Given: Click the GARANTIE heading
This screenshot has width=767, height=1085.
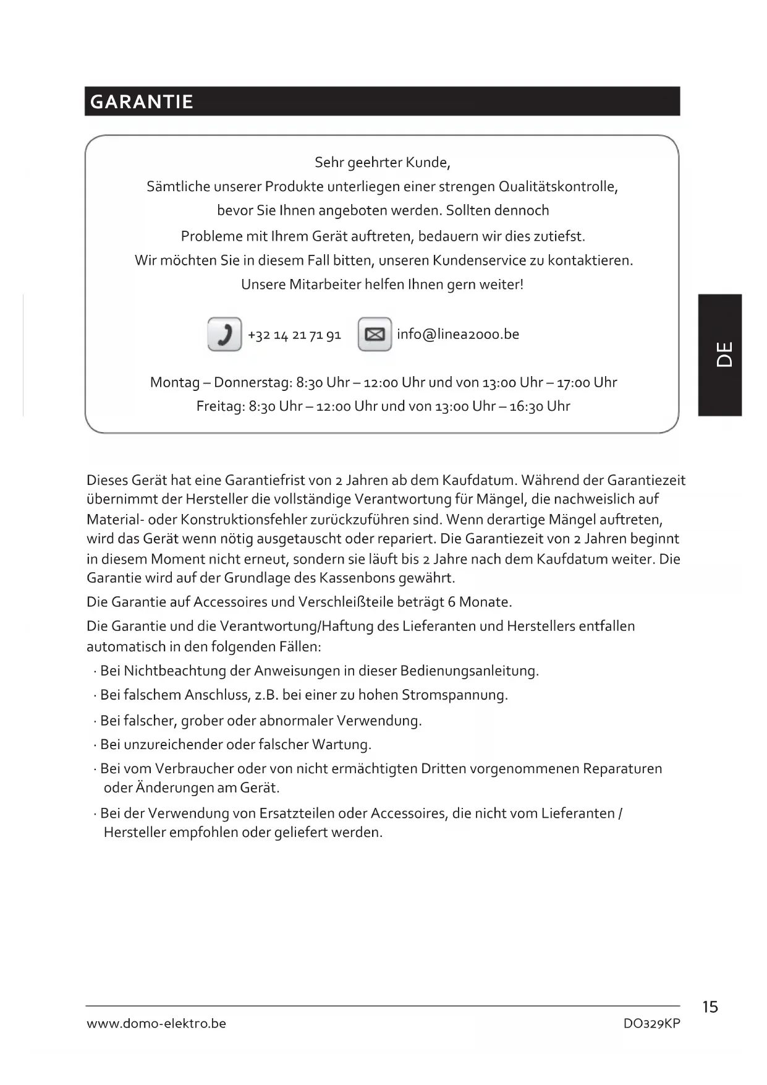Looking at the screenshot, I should [142, 101].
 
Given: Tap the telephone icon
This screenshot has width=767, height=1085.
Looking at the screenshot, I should [224, 334].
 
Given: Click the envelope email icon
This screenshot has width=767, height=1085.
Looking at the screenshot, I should [375, 334].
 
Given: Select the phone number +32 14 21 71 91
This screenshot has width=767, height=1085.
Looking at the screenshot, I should [294, 335].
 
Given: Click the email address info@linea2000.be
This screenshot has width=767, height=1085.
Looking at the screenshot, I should [458, 334].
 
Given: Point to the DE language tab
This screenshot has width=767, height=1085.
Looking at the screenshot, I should [721, 354].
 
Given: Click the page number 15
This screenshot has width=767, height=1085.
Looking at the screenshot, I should [710, 1007].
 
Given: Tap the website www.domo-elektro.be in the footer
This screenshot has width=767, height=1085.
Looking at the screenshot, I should [156, 1024].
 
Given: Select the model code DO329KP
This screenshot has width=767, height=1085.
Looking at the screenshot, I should [651, 1024].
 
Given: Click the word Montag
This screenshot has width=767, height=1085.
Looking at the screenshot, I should [175, 382].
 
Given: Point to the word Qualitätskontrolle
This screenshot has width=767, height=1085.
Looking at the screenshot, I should [557, 187].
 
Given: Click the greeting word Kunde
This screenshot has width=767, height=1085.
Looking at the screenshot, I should [427, 163].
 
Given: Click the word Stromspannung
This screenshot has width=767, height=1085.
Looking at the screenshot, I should [454, 695].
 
